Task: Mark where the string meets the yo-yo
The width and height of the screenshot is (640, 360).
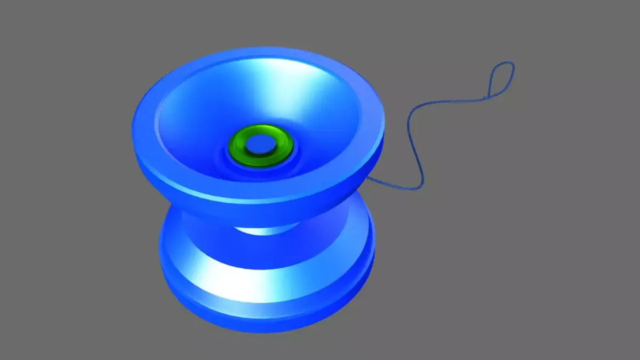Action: coord(367,178)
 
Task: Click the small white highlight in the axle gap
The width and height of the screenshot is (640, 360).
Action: coord(261,230)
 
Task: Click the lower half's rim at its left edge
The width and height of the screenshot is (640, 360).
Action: coord(161,256)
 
